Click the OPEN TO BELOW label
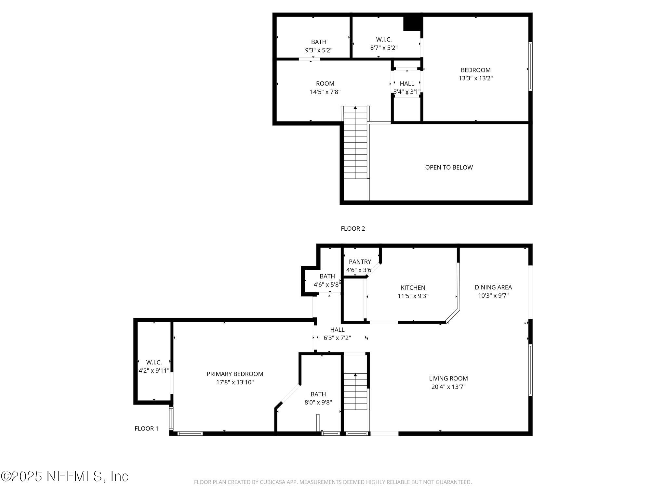pyautogui.click(x=449, y=167)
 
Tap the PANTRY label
pyautogui.click(x=360, y=262)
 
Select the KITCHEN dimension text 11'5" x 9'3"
pyautogui.click(x=413, y=296)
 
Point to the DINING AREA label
pyautogui.click(x=493, y=287)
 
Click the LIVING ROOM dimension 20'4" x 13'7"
pyautogui.click(x=448, y=387)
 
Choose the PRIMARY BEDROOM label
pyautogui.click(x=235, y=374)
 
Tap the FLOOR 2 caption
pyautogui.click(x=353, y=229)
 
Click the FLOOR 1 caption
pyautogui.click(x=146, y=429)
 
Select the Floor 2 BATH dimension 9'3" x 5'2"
pyautogui.click(x=318, y=50)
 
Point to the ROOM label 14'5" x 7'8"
pyautogui.click(x=325, y=83)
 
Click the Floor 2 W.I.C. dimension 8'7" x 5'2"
pyautogui.click(x=384, y=48)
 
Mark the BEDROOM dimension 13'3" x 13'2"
pyautogui.click(x=475, y=78)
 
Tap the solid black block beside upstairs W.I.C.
pyautogui.click(x=412, y=24)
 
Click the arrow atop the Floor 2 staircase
pyautogui.click(x=355, y=108)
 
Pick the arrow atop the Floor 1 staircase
pyautogui.click(x=355, y=375)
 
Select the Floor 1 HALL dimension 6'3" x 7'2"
pyautogui.click(x=337, y=338)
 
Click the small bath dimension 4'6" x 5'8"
pyautogui.click(x=327, y=285)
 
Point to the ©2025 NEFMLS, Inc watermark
pyautogui.click(x=65, y=476)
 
